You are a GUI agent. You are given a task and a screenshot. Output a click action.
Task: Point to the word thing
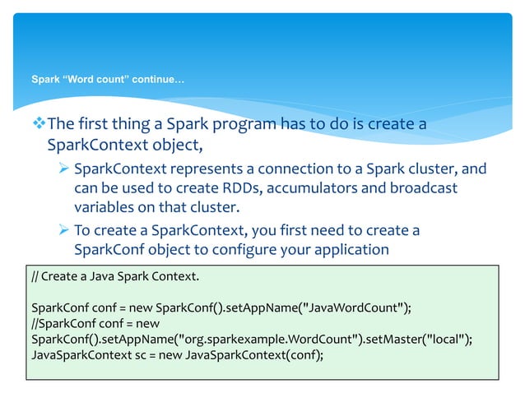point(129,124)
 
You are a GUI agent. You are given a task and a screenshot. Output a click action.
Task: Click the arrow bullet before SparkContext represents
point(63,169)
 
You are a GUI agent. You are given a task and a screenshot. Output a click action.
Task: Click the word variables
point(106,209)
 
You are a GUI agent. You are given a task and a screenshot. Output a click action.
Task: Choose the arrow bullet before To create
point(63,229)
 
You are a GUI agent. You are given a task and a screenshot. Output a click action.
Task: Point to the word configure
point(261,249)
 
